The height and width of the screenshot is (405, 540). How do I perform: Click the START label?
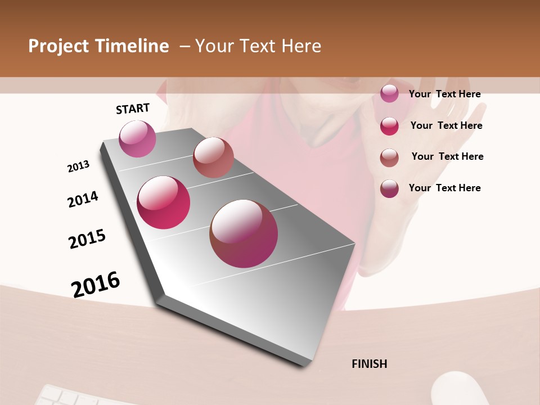[133, 109]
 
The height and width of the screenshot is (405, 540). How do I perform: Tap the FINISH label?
[369, 364]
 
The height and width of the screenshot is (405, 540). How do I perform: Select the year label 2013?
[78, 166]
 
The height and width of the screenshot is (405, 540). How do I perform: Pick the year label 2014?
[83, 199]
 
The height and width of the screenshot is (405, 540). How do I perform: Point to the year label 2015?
[87, 239]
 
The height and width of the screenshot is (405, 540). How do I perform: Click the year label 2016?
[96, 284]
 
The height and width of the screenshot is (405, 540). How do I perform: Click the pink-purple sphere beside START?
[137, 138]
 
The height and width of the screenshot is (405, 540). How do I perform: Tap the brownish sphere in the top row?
[213, 157]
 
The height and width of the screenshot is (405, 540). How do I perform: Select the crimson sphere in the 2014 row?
[163, 202]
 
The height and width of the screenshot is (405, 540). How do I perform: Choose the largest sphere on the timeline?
[244, 233]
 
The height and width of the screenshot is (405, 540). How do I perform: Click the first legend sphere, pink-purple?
[389, 93]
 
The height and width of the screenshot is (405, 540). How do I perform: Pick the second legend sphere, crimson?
[389, 126]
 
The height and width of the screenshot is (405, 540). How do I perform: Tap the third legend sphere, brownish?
[389, 157]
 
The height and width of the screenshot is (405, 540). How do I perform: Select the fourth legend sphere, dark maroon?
[389, 188]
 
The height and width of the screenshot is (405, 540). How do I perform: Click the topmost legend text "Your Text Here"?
[444, 94]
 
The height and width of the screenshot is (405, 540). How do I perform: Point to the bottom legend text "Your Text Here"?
[444, 188]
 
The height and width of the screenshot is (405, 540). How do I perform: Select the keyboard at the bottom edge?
[73, 397]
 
